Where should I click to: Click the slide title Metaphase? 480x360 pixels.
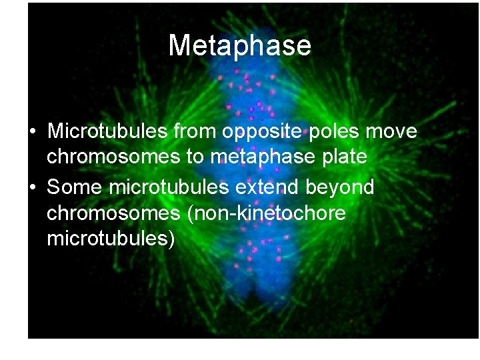click(239, 45)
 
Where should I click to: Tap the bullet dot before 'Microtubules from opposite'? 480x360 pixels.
click(32, 131)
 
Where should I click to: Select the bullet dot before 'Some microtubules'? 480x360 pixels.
click(32, 187)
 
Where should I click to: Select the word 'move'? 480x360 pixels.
click(391, 131)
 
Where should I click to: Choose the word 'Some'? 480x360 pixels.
click(74, 187)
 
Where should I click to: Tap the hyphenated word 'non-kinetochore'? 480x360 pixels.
click(273, 213)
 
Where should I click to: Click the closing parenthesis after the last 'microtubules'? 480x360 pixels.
click(171, 239)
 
